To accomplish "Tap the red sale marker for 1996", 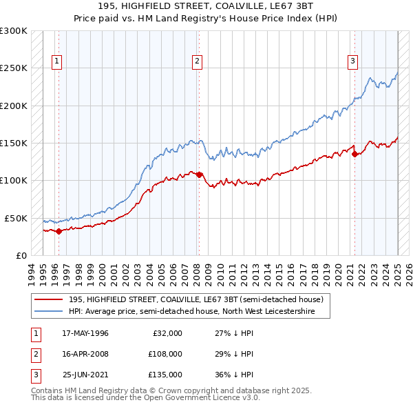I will pyautogui.click(x=59, y=231).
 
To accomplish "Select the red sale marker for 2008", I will pyautogui.click(x=199, y=175).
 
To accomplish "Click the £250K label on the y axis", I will pyautogui.click(x=14, y=68).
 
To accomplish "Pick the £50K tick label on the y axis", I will pyautogui.click(x=16, y=218).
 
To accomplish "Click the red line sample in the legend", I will pyautogui.click(x=48, y=299).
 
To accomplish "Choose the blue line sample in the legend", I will pyautogui.click(x=48, y=312).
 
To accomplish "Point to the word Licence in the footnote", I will pyautogui.click(x=211, y=398).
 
